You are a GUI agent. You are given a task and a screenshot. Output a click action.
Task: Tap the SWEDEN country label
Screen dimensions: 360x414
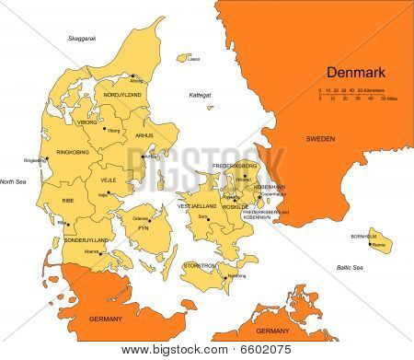point(323,137)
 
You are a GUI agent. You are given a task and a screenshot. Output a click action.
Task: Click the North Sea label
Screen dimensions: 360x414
point(14,181)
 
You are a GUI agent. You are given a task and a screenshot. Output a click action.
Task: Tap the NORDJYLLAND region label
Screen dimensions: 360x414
point(121,94)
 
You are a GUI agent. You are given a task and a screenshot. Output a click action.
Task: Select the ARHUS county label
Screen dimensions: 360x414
point(143,135)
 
